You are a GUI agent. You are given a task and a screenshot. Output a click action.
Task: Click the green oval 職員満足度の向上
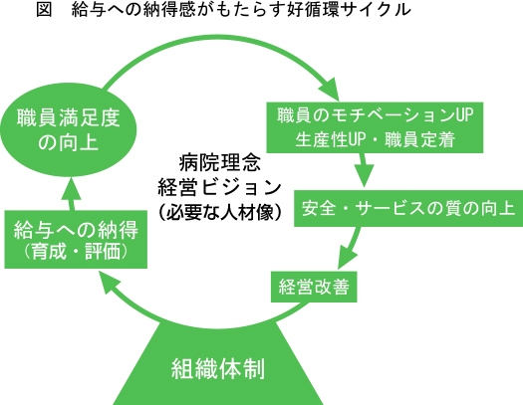coord(69,130)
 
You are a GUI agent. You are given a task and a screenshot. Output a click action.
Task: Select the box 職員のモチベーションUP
coord(375,127)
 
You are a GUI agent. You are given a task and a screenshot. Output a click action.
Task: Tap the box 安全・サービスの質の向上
coord(408,209)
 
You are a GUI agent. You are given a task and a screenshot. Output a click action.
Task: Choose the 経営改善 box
coord(314,287)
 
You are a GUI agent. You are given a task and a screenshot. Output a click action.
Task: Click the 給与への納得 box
coord(76,239)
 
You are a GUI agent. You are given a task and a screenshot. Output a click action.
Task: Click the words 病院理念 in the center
coord(219,163)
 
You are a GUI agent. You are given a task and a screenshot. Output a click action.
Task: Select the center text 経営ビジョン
coord(219,187)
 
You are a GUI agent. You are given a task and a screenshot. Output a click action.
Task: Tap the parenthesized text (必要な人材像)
coord(219,212)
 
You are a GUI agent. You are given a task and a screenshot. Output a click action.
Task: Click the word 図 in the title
coord(44,9)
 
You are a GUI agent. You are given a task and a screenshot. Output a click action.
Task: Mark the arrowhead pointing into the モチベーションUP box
coord(330,89)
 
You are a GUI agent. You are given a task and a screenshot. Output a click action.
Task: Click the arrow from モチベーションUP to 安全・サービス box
coord(364,170)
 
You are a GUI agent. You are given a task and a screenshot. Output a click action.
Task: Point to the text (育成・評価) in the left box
coord(76,252)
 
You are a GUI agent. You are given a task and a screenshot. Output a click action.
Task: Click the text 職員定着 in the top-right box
coord(420,140)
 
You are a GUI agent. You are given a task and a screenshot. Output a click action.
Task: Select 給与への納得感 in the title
coord(133,9)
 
